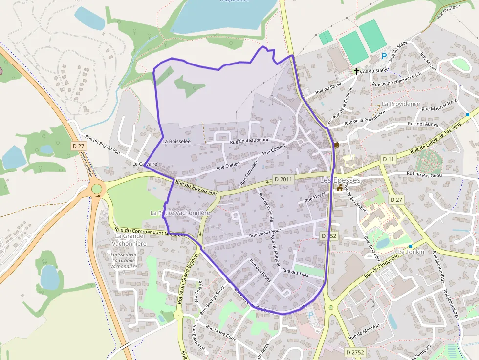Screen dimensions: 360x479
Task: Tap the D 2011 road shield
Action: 283,179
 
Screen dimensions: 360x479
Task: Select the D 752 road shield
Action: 329,235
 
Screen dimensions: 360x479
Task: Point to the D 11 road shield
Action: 389,159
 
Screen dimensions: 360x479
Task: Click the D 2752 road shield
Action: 355,352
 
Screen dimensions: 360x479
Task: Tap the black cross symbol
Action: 357,71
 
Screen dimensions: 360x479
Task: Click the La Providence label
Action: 401,104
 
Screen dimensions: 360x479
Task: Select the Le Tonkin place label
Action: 411,252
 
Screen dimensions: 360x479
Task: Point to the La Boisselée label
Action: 176,141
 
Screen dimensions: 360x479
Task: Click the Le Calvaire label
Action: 145,164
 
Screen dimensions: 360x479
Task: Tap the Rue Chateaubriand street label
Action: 250,141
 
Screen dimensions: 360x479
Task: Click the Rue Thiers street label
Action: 315,197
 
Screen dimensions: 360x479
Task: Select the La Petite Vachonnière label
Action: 180,213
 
